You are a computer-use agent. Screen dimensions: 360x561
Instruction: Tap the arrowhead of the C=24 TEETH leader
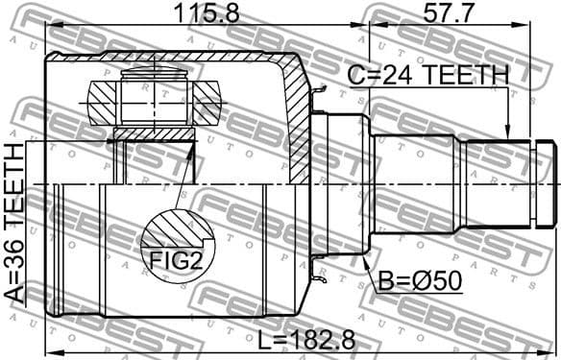point(506,135)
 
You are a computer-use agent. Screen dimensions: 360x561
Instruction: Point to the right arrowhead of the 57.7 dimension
point(553,26)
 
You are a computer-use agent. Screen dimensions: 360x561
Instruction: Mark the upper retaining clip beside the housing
point(316,93)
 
